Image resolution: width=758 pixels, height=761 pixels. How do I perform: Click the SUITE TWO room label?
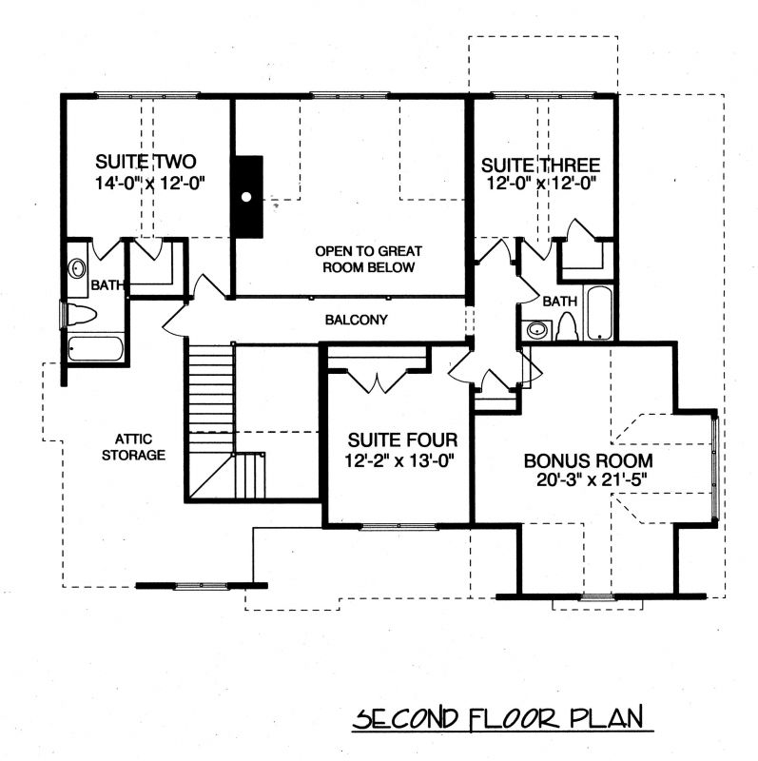click(x=146, y=162)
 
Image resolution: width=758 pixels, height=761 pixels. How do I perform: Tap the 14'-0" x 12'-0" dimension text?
click(x=149, y=184)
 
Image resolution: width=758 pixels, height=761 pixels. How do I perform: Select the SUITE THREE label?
click(x=540, y=165)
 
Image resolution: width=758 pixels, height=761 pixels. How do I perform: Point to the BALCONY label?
click(x=357, y=320)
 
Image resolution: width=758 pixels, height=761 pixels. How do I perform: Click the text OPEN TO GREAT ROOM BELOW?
click(x=368, y=259)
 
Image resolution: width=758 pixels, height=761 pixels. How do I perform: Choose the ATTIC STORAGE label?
click(x=133, y=447)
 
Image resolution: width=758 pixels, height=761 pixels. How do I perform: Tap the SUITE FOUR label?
click(x=402, y=440)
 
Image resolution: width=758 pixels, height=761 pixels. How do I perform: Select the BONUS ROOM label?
click(x=588, y=460)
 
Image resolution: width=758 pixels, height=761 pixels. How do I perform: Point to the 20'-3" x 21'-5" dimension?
click(x=592, y=480)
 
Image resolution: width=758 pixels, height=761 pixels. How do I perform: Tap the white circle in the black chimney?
click(x=246, y=197)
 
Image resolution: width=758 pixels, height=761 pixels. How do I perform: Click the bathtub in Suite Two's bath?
click(x=95, y=349)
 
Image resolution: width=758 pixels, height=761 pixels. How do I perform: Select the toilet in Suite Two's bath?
click(x=81, y=315)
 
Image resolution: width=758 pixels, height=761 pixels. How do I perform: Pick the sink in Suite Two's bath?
click(x=77, y=268)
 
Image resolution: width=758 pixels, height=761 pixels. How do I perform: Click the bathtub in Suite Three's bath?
click(x=599, y=313)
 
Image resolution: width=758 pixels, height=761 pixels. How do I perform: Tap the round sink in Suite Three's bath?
click(x=537, y=330)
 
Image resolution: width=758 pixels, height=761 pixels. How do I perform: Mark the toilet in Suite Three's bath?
click(x=566, y=327)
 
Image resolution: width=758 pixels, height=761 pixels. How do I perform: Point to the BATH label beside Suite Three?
click(x=559, y=302)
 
